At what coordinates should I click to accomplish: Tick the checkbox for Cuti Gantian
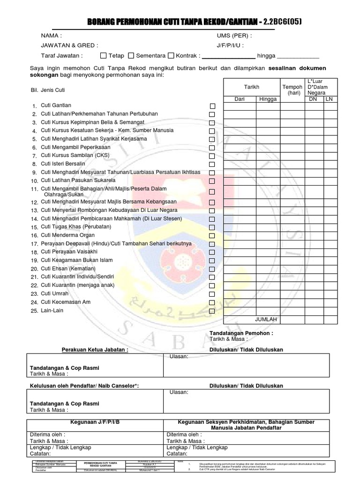(212, 106)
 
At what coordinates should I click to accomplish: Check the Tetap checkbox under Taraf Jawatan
(104, 55)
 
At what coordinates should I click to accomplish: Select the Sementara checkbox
(131, 55)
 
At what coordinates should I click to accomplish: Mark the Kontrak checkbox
(172, 55)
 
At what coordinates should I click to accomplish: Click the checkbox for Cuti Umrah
(212, 294)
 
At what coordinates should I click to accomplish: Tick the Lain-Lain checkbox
(212, 311)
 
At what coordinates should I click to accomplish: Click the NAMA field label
(52, 36)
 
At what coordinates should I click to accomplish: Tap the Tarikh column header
(252, 87)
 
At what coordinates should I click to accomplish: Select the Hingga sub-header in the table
(268, 99)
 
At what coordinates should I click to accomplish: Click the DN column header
(313, 99)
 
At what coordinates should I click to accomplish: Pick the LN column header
(329, 99)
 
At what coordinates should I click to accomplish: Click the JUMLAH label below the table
(266, 319)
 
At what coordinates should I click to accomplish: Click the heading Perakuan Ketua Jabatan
(95, 350)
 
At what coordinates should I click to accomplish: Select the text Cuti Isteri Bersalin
(63, 164)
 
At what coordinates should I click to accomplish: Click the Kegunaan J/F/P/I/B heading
(95, 422)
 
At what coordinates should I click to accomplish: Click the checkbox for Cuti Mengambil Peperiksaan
(212, 148)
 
